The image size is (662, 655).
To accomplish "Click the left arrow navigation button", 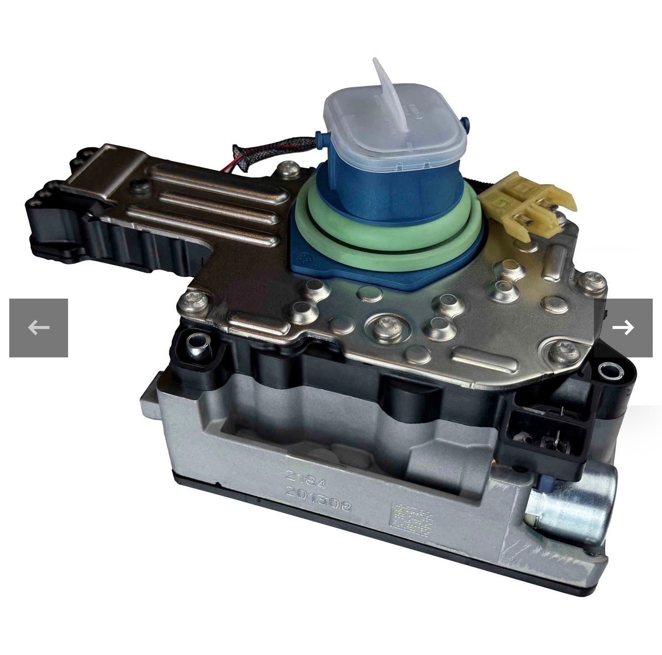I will (x=39, y=327).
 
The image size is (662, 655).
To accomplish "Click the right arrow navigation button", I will (x=623, y=327).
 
